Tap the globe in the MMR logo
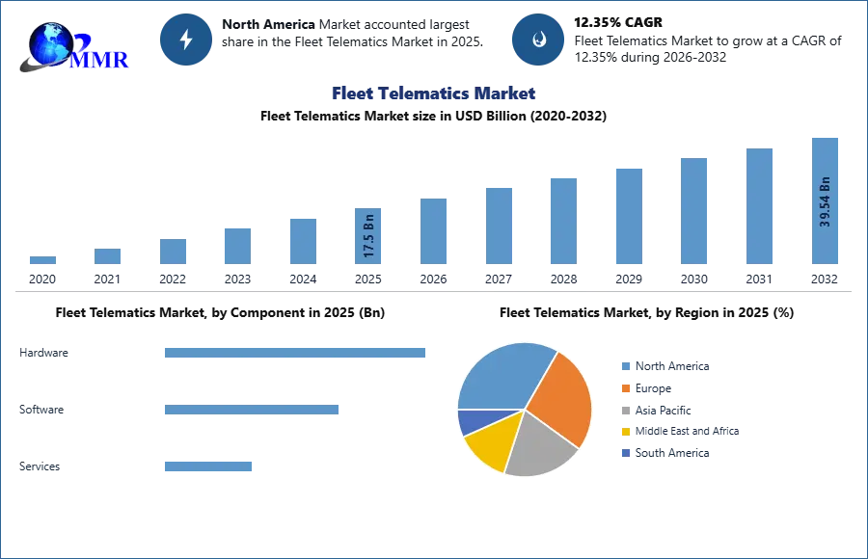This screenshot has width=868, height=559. coord(51,42)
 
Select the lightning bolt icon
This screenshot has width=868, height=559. coord(187,39)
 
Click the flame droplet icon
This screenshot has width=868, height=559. coord(538,39)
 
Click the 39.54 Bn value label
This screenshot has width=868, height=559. coord(825,200)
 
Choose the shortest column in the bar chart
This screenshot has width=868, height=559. coord(42,261)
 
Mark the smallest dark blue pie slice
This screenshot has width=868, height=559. coord(474,420)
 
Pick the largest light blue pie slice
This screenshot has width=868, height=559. coord(502,376)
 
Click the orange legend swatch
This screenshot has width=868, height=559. coord(625,387)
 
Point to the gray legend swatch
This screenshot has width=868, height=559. coord(625,410)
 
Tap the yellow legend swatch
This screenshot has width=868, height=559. coord(625,432)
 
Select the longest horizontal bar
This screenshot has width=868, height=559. coord(296,355)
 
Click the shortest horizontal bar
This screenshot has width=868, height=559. coord(207,466)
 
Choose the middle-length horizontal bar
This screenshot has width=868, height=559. coord(251,409)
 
